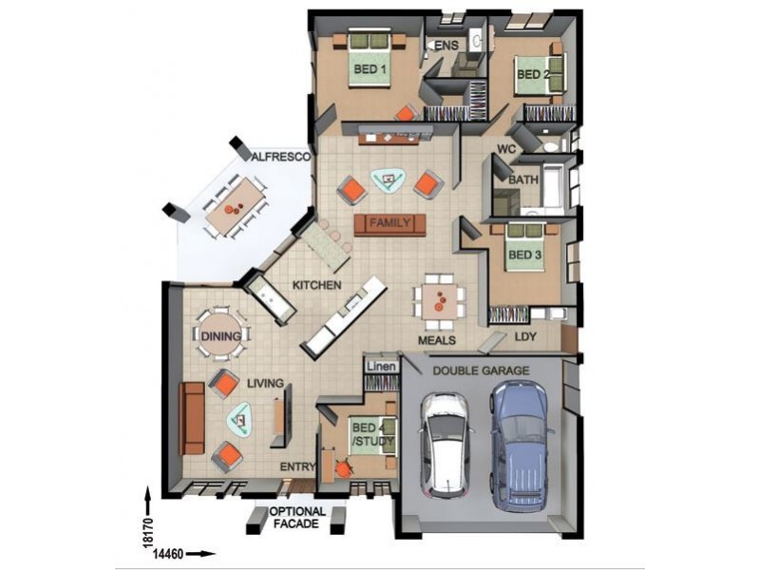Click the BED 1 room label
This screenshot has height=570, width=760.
click(370, 69)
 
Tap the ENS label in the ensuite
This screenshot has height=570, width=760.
click(446, 46)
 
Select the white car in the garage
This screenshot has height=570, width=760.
click(445, 445)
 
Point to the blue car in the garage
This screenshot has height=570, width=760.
click(520, 445)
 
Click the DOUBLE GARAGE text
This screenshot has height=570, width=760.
click(481, 370)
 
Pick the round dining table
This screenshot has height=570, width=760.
click(220, 334)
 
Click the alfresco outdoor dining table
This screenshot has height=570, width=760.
click(235, 207)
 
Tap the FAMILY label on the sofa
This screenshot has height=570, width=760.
click(389, 223)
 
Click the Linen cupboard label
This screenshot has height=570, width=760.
click(382, 367)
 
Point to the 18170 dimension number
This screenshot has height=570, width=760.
click(148, 533)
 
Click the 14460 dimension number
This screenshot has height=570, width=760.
click(168, 554)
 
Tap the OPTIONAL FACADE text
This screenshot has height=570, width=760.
click(297, 518)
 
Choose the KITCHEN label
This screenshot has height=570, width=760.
click(317, 285)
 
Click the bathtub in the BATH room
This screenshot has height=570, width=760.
click(553, 185)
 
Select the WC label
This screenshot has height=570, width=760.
click(506, 149)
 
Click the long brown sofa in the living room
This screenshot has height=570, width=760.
click(192, 418)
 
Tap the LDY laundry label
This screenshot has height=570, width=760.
click(525, 336)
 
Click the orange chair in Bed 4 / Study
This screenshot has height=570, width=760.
click(344, 468)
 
